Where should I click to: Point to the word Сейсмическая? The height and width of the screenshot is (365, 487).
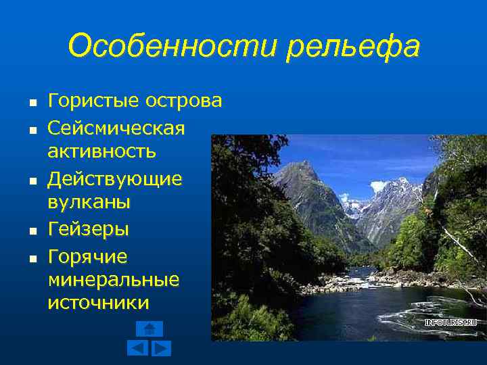(116, 128)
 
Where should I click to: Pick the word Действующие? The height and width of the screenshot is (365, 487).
(115, 180)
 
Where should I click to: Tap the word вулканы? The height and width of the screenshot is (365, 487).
(89, 202)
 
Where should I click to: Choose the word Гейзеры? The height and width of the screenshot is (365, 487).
(88, 230)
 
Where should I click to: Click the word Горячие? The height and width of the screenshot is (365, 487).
(87, 258)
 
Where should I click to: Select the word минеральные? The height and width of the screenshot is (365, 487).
(114, 279)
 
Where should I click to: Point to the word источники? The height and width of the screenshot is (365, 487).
(98, 302)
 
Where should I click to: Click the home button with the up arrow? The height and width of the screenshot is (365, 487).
(149, 328)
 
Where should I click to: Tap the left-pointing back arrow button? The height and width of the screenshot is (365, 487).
(138, 348)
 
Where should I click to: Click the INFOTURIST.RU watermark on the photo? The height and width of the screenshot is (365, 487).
(450, 322)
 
